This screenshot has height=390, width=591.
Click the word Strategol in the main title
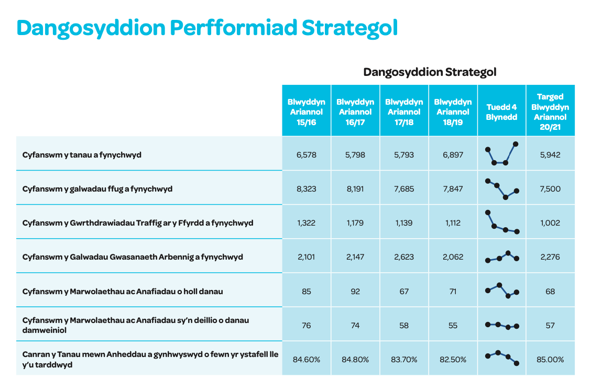(350, 28)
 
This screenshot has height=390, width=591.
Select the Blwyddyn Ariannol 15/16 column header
(307, 112)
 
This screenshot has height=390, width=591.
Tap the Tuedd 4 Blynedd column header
(501, 112)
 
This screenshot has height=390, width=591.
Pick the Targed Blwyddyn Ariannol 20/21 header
(550, 112)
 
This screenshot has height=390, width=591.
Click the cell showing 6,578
(307, 155)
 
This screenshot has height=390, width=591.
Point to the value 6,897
(453, 155)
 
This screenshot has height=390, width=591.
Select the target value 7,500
(550, 188)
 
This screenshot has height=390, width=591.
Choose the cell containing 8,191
(355, 188)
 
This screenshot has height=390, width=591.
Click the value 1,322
(307, 223)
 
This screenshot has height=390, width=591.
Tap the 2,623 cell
(403, 257)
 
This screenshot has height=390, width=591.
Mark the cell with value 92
(355, 292)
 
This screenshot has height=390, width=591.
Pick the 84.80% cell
(355, 360)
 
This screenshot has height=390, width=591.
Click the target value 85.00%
(550, 360)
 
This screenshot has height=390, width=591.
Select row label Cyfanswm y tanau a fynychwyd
(82, 155)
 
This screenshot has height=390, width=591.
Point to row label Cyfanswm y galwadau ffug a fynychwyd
(97, 188)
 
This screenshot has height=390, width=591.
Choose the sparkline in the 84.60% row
(502, 358)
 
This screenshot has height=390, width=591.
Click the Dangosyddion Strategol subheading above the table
(430, 72)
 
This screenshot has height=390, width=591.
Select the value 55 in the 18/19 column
(453, 325)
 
